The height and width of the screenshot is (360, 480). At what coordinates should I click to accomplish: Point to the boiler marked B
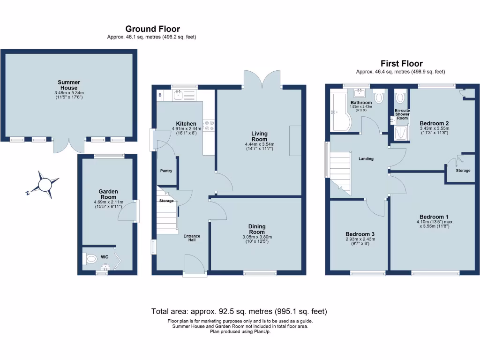coord(160,95)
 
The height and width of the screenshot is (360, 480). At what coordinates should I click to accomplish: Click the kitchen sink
coord(178,96)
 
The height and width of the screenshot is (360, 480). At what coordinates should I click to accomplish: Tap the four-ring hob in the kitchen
coord(209,125)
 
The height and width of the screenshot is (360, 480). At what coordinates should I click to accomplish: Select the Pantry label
coord(166,171)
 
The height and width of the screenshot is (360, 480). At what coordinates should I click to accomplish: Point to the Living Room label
coord(259,136)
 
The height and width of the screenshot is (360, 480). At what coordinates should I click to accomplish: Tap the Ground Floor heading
coord(152,29)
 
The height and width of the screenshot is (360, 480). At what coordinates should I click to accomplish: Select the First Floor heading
coord(401,63)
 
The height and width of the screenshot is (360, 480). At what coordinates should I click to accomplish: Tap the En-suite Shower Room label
coord(402,114)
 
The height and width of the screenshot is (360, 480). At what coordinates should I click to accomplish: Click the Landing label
coord(366,158)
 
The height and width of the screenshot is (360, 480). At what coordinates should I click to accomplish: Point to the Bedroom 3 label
coord(360,234)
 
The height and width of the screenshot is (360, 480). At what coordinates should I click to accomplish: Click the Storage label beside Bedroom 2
coord(463,171)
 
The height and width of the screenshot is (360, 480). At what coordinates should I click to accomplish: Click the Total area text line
coord(239,311)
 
